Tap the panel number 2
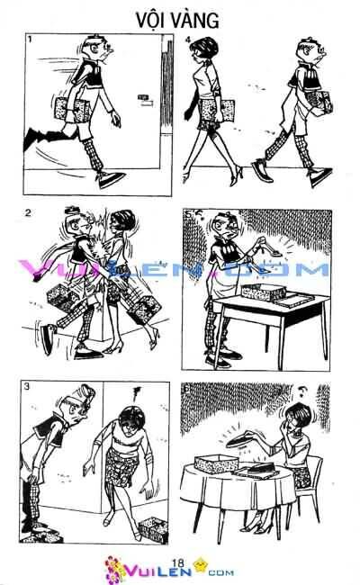[29, 213]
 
